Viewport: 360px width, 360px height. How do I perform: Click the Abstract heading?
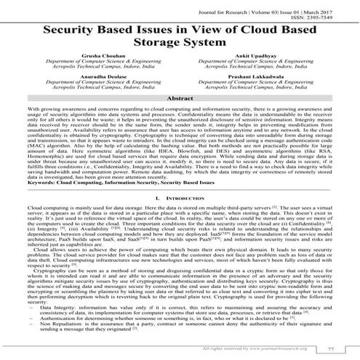pos(180,117)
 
